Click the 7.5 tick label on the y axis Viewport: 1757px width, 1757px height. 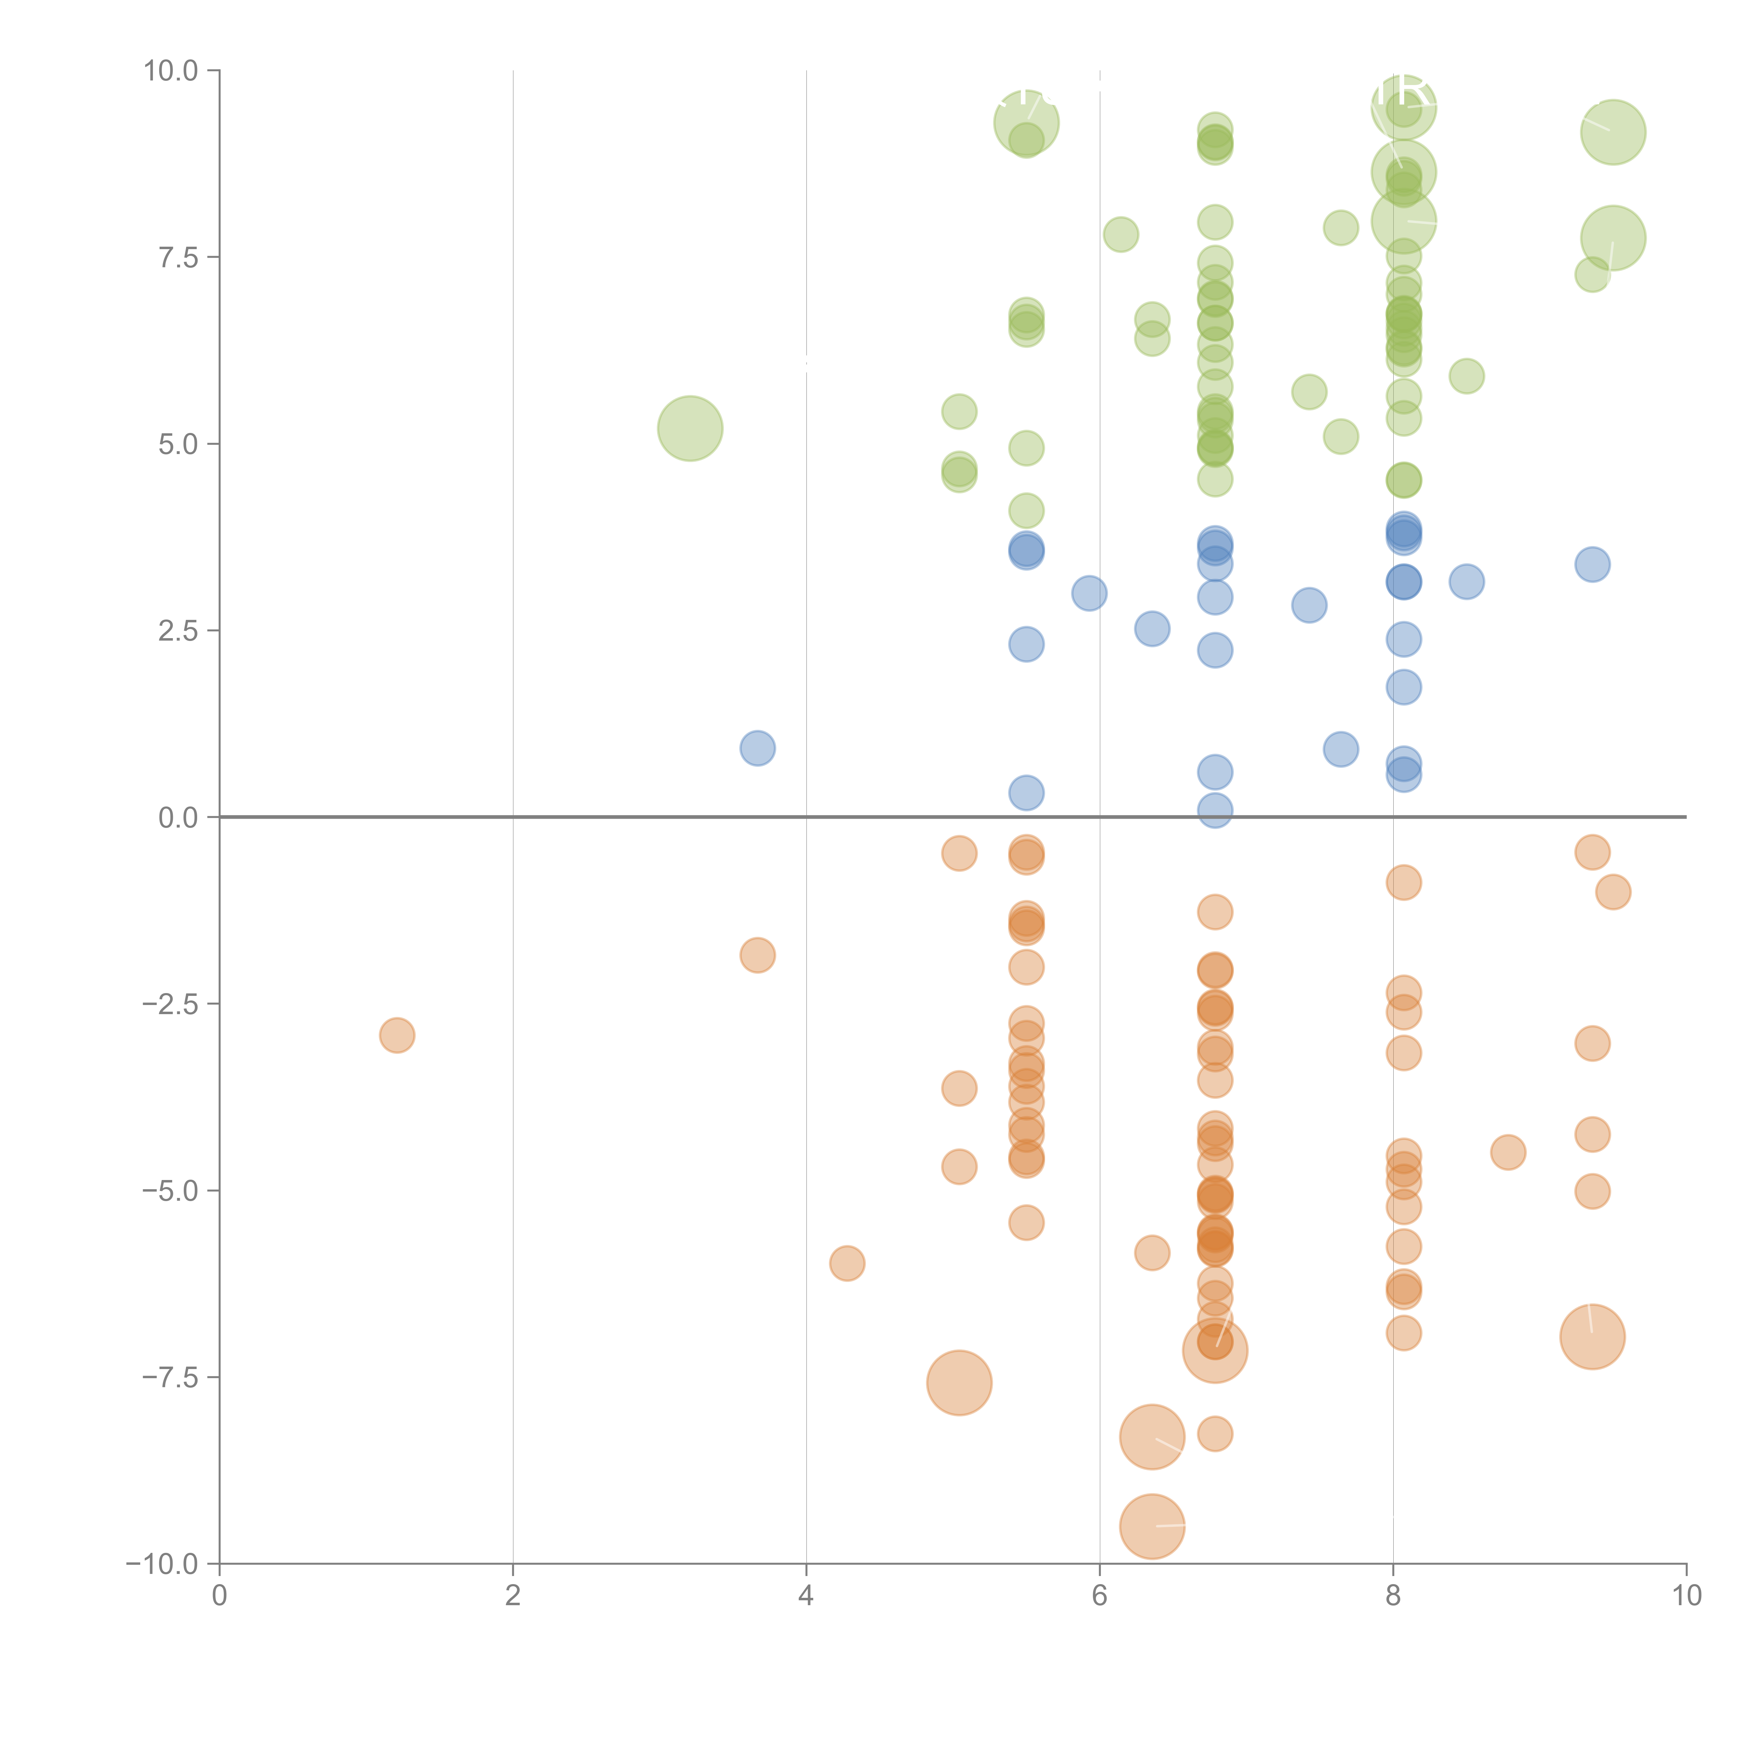point(178,257)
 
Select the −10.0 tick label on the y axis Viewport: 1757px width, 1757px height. point(162,1564)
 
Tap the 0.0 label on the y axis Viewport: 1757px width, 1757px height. point(178,818)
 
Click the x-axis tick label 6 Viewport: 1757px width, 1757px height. point(1100,1596)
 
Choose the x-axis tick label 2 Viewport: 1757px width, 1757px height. point(513,1596)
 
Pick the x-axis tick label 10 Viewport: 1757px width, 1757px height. point(1686,1596)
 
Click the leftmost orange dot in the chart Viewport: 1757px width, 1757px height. point(396,1035)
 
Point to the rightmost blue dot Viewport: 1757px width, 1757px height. point(1593,565)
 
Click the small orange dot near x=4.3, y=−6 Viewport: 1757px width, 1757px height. point(847,1263)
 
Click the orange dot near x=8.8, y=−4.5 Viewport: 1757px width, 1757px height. point(1508,1152)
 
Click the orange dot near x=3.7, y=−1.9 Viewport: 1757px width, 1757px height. point(758,955)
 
